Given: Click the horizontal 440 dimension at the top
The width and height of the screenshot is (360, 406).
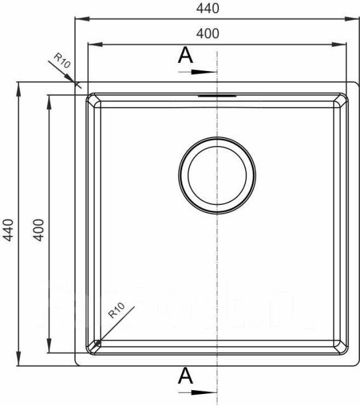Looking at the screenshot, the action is pyautogui.click(x=208, y=8).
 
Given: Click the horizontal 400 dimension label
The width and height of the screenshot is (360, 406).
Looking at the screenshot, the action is pyautogui.click(x=208, y=34).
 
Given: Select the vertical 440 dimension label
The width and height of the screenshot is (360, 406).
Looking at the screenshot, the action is pyautogui.click(x=8, y=230).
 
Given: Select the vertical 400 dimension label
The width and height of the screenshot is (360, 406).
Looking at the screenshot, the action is pyautogui.click(x=39, y=230).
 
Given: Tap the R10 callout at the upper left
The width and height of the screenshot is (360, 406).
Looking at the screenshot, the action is pyautogui.click(x=62, y=61).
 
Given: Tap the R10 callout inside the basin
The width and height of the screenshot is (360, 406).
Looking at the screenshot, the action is pyautogui.click(x=116, y=310).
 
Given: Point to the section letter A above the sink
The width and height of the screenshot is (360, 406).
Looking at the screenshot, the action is pyautogui.click(x=185, y=55).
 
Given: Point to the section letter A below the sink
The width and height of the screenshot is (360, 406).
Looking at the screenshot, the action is pyautogui.click(x=185, y=376).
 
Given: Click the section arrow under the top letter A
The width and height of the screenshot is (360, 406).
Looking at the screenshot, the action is pyautogui.click(x=197, y=72).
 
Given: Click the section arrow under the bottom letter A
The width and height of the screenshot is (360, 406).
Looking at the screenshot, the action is pyautogui.click(x=197, y=393).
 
